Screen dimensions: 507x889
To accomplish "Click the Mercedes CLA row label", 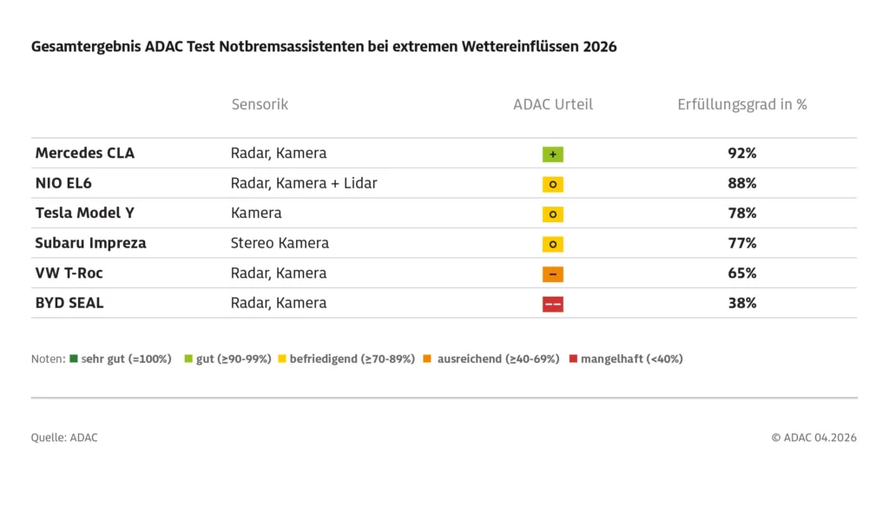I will coord(84,154).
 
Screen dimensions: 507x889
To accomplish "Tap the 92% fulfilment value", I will coord(742,154).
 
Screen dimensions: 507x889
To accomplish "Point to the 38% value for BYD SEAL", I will coord(742,303).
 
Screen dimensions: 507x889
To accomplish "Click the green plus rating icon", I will coord(553,155).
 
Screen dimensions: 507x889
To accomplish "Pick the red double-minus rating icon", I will coord(553,304).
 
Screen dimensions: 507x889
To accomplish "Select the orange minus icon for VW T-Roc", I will coord(553,274).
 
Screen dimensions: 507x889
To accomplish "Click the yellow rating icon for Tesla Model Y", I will coord(553,214).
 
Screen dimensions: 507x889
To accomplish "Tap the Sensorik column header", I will coord(260,104).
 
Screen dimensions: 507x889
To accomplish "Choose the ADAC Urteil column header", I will coord(553,104).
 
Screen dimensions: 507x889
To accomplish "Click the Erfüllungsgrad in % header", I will coord(742,104).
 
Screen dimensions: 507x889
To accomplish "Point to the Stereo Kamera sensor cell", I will coord(280,243).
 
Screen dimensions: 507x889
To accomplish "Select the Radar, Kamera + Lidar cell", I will coord(304,183).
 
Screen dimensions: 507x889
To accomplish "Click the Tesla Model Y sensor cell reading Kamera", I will coord(256,213).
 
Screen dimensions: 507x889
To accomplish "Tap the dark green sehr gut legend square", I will coord(74,359).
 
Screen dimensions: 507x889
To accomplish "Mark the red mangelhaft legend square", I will coord(573,359).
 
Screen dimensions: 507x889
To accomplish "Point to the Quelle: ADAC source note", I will coord(64,438).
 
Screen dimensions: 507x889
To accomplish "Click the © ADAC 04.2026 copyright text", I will coord(813,438).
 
